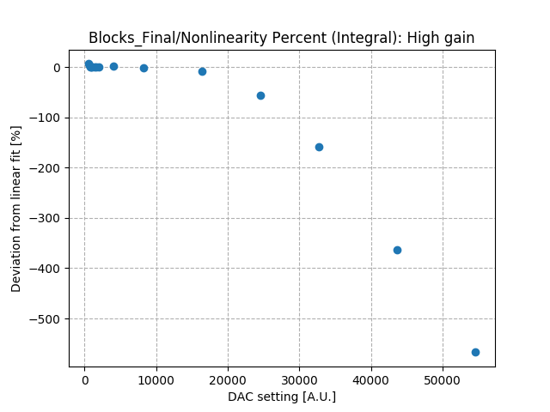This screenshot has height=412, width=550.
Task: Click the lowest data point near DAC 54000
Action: tap(475, 352)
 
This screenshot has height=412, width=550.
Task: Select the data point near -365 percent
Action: tap(397, 250)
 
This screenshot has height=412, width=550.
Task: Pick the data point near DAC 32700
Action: tap(319, 147)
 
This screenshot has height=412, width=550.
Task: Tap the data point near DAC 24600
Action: tap(260, 95)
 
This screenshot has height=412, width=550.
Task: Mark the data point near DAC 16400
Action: tap(202, 71)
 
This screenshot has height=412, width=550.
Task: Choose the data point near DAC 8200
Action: tap(144, 68)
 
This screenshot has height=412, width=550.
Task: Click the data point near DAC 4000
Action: tap(113, 66)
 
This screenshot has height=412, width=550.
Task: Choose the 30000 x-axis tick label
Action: tap(299, 379)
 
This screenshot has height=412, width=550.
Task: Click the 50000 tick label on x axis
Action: tap(443, 379)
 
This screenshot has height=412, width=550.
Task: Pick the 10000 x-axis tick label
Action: tap(156, 379)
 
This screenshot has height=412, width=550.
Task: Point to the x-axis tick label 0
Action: tap(84, 379)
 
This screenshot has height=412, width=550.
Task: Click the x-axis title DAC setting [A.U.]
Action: tap(282, 397)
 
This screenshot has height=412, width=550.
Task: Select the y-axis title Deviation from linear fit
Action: tap(16, 208)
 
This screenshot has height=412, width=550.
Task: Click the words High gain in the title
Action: tap(443, 38)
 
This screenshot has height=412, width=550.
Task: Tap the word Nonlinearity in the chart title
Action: tap(209, 38)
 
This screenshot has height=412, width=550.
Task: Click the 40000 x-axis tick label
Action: tap(371, 379)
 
